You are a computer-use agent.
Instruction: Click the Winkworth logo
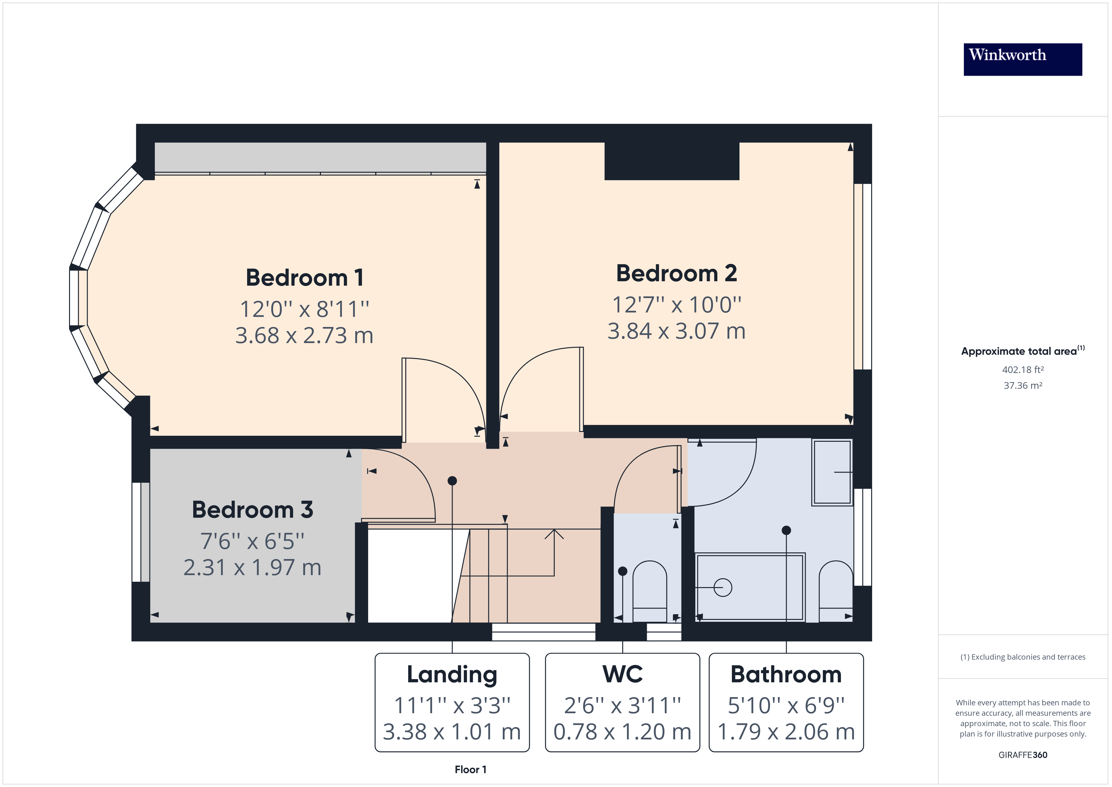(1022, 59)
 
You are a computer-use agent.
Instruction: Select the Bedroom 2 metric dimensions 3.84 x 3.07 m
(676, 331)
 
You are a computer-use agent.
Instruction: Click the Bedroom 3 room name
(252, 510)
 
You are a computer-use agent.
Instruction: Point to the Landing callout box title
(452, 674)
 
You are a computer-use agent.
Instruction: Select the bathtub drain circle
(723, 587)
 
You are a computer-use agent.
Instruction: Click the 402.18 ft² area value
(1022, 370)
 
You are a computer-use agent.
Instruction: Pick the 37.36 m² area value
(1022, 386)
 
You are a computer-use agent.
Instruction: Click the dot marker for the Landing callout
(452, 481)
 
